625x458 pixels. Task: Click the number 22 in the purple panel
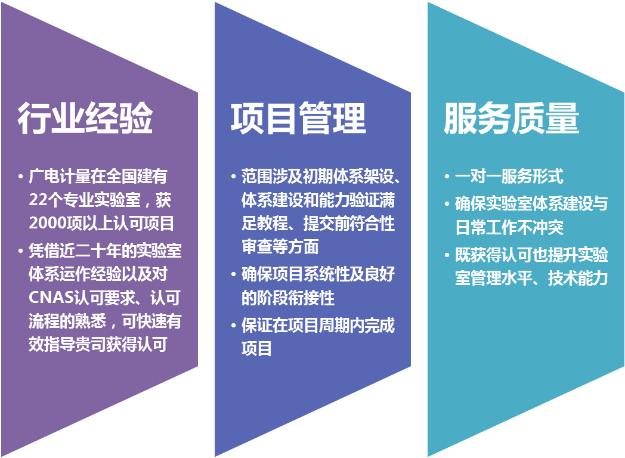pos(37,200)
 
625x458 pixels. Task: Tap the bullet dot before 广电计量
pos(20,177)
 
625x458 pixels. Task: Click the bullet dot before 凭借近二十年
pos(20,251)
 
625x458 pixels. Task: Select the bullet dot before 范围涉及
pos(234,177)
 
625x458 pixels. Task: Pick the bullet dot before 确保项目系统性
pos(234,274)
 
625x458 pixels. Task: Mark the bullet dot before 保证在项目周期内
pos(234,326)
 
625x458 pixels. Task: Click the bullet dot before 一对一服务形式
pos(447,177)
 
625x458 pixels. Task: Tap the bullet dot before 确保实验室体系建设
pos(447,204)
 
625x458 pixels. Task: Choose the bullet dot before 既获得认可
pos(447,255)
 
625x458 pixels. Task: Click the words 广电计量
pos(60,176)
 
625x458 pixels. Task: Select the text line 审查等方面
pos(280,246)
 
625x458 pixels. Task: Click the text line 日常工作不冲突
pos(509,227)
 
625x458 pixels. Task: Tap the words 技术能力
pos(578,278)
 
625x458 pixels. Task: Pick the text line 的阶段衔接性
pos(288,298)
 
